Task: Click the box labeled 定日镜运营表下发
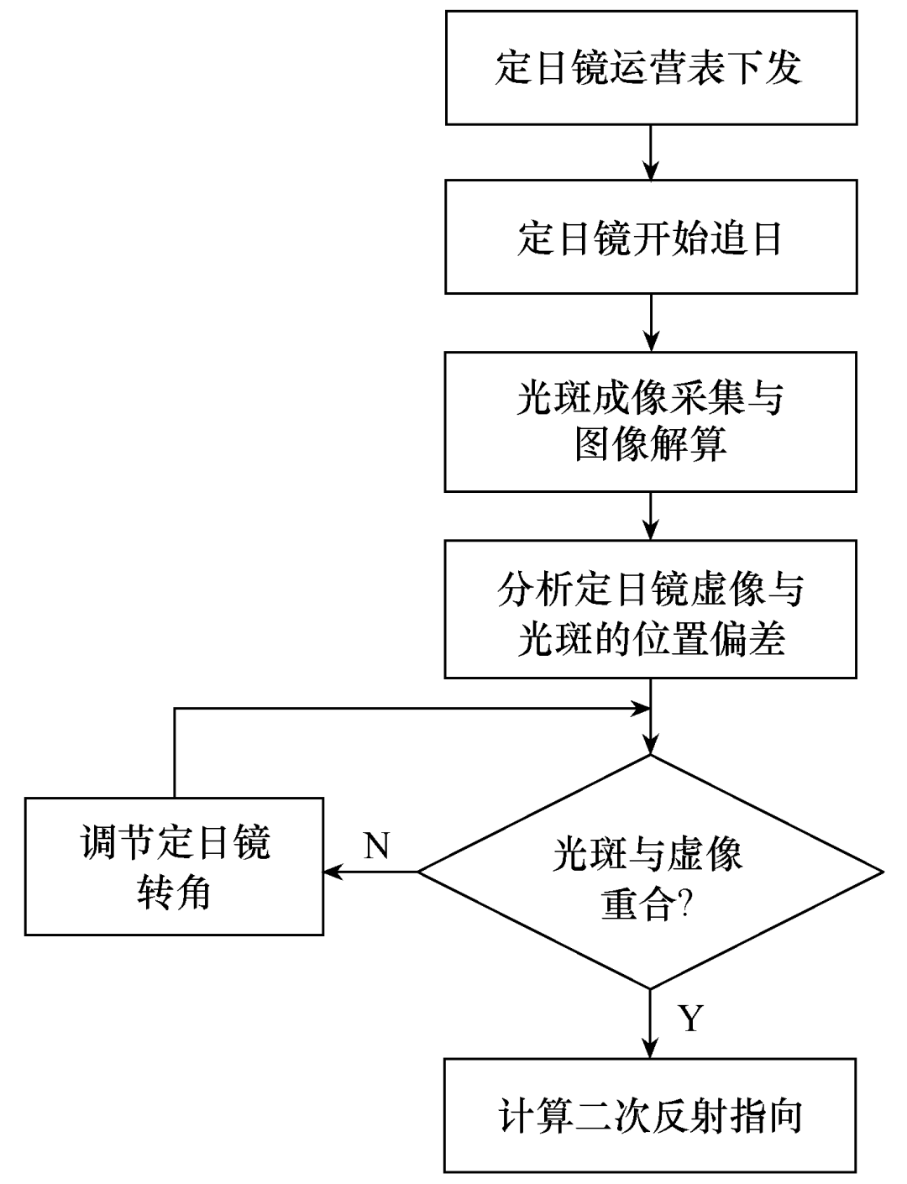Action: coord(651,67)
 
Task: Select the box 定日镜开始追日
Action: coord(651,237)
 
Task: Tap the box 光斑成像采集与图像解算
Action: coord(651,422)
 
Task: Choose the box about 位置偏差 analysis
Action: coord(651,610)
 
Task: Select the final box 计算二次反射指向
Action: coord(651,1115)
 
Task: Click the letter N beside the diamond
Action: coord(377,845)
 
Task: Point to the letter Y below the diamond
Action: coord(690,1018)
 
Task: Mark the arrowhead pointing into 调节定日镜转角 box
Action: coord(334,872)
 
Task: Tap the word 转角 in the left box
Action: coord(174,893)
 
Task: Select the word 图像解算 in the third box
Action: coord(651,445)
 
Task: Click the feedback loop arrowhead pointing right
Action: coord(641,709)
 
